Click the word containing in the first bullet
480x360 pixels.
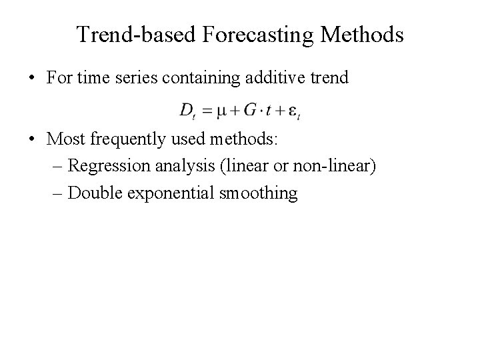(x=211, y=78)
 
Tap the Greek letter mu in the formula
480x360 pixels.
(x=214, y=111)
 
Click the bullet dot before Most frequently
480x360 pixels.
(x=32, y=143)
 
